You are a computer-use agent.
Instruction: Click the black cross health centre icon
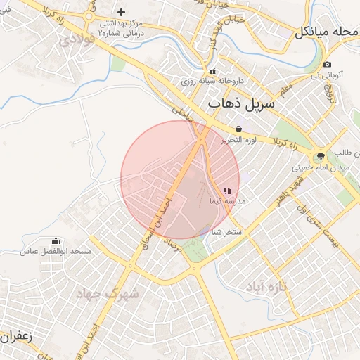121,12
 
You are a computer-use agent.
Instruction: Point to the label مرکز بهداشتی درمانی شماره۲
121,27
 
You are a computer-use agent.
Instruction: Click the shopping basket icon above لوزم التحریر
239,129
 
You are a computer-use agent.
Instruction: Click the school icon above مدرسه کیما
226,191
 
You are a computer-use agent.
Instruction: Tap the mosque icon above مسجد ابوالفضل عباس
56,241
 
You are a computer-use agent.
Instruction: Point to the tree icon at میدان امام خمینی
321,157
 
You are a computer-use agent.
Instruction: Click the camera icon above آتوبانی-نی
327,65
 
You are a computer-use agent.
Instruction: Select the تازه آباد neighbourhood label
266,286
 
